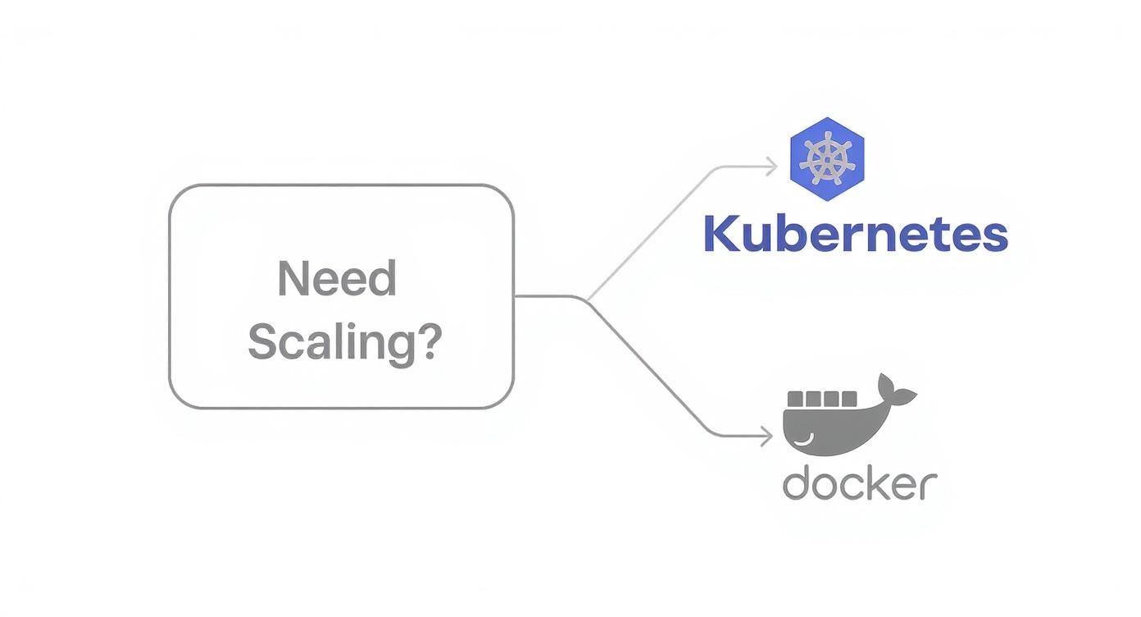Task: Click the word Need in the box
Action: [x=337, y=279]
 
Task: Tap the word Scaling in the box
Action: [x=332, y=341]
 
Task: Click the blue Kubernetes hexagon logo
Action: [x=826, y=159]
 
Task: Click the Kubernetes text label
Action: [x=855, y=235]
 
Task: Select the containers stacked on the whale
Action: [x=822, y=399]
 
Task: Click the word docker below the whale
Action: [x=859, y=484]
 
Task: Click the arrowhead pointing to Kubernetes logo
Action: [x=771, y=167]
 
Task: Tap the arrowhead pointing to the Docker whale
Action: [x=767, y=436]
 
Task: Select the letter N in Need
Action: [x=292, y=279]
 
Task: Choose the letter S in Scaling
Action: [x=262, y=341]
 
